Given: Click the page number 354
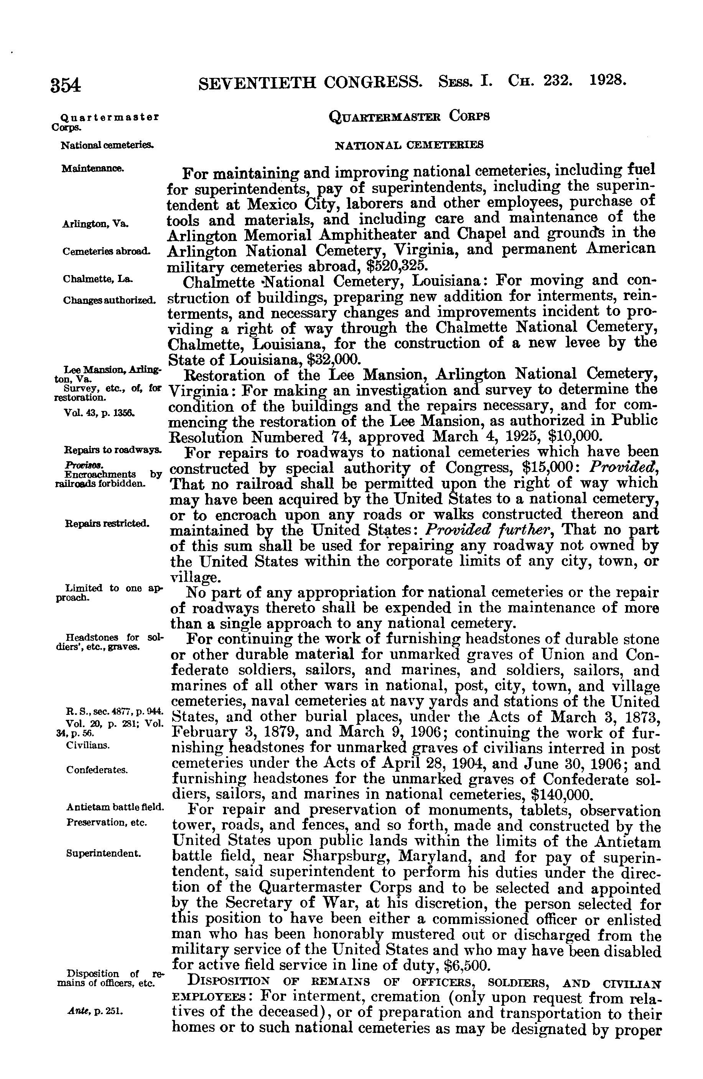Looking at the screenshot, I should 66,85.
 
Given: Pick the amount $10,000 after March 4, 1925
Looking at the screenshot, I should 575,437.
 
